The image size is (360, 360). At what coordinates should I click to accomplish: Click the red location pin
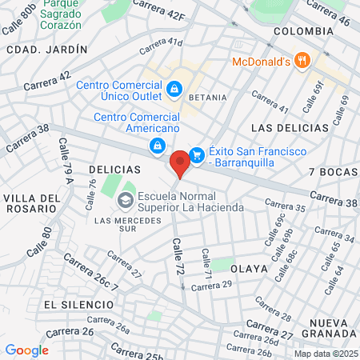click(x=180, y=162)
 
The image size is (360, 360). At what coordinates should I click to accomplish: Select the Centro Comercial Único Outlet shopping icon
click(x=174, y=87)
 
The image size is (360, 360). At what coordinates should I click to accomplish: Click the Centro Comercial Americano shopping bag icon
click(x=158, y=145)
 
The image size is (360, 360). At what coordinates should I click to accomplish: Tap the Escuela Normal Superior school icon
click(x=126, y=199)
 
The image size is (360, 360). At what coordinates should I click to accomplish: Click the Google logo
click(x=27, y=350)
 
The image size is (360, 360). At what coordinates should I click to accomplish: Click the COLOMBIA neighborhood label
click(x=302, y=30)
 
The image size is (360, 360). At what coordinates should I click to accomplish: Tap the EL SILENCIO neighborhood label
click(x=75, y=305)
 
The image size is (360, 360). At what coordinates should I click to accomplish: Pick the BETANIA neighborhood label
click(x=207, y=96)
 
